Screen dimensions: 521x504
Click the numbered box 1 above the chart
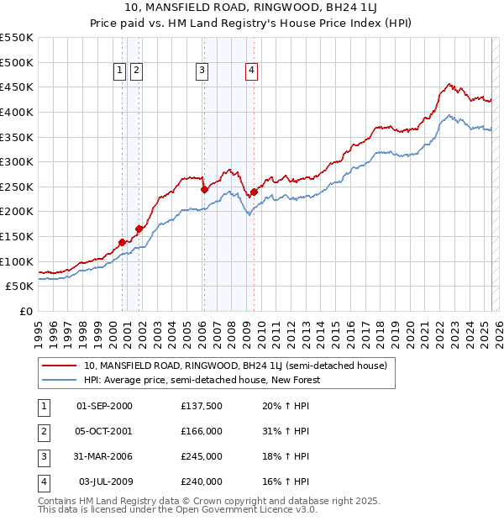(120, 71)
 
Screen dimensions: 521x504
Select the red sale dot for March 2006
(204, 190)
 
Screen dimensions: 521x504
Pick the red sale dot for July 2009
(253, 192)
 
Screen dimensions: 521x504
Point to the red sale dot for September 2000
(122, 242)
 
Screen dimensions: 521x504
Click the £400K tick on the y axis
(18, 112)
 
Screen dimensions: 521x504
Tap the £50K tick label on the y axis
(21, 287)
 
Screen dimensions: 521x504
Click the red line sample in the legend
(59, 366)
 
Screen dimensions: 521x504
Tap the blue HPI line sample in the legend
(59, 380)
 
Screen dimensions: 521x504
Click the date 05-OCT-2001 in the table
(104, 431)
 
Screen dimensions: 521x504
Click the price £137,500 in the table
(202, 406)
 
